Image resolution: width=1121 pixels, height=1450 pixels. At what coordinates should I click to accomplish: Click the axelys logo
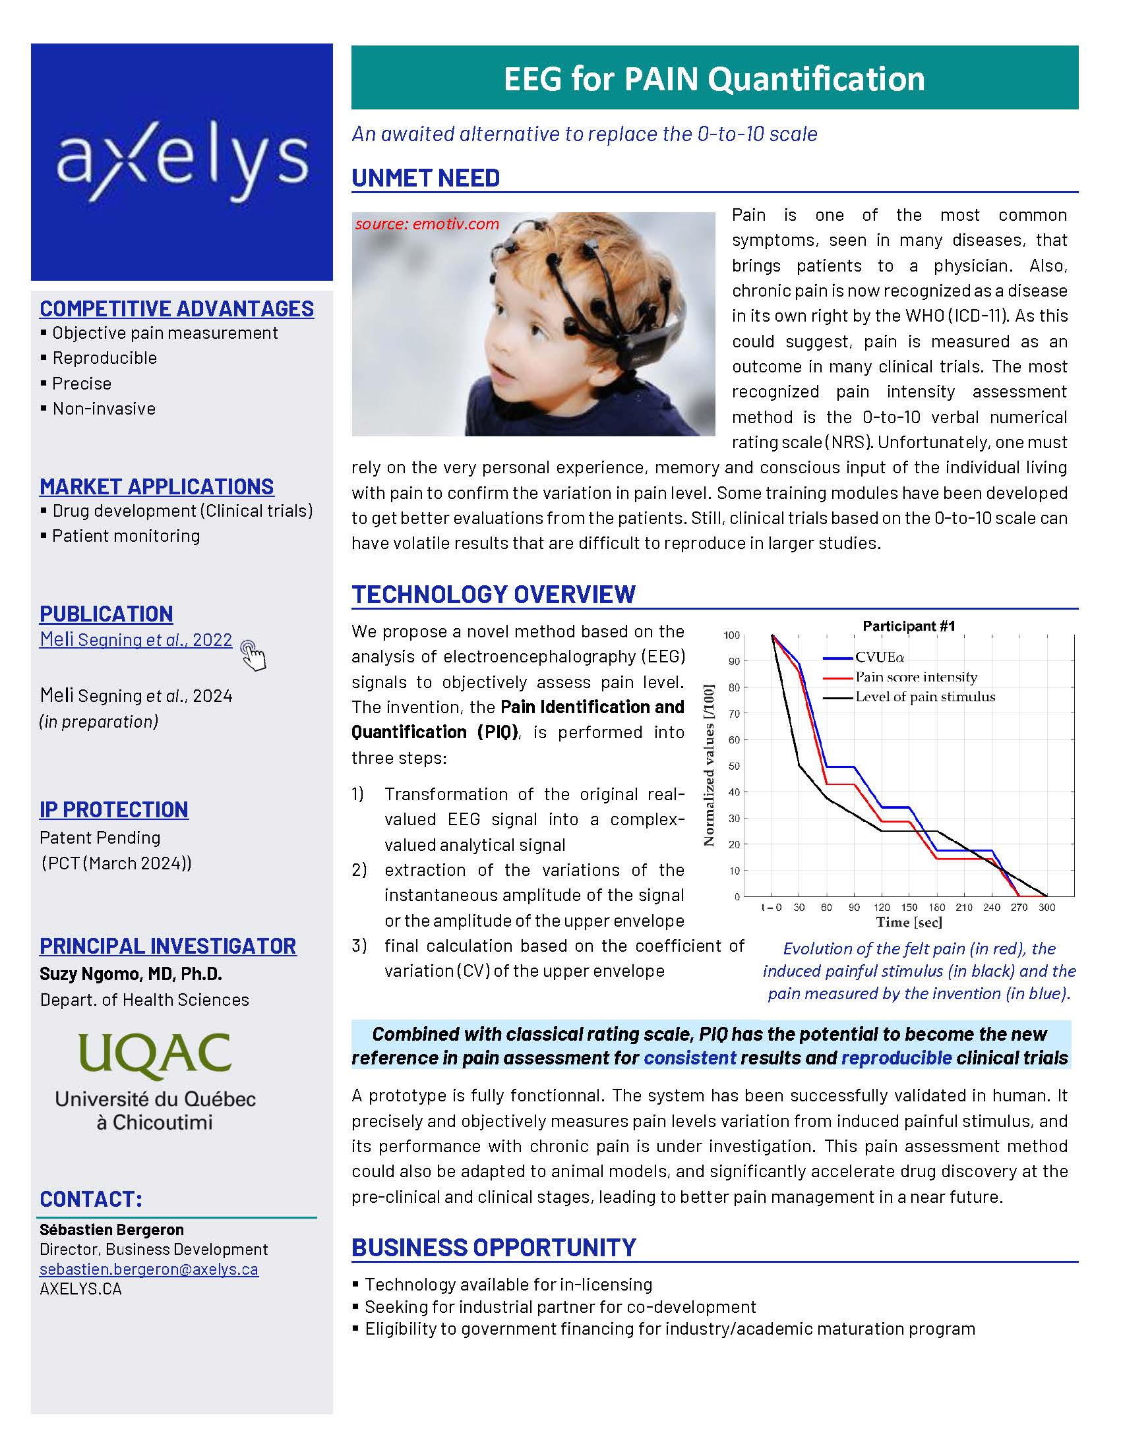182,161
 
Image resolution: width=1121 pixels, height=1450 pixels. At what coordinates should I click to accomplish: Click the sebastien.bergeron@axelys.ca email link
149,1269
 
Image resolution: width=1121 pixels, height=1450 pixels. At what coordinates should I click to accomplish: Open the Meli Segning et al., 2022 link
136,639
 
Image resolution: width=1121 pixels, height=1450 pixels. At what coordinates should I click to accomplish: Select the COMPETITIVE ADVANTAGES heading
177,308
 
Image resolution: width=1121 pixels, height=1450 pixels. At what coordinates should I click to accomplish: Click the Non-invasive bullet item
104,409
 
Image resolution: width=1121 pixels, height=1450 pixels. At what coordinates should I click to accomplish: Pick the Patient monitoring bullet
125,536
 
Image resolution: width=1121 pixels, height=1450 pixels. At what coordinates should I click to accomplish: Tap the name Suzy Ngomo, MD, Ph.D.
131,974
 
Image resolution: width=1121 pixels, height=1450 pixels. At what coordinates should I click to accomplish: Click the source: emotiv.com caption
427,223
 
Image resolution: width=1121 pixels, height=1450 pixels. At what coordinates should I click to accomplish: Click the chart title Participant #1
909,626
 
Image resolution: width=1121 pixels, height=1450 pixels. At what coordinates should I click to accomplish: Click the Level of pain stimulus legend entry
924,697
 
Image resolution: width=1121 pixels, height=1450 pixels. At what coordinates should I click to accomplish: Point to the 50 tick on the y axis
733,765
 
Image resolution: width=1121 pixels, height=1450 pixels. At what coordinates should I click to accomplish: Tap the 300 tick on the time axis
1046,907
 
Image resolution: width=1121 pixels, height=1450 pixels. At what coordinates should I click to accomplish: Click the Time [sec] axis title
909,921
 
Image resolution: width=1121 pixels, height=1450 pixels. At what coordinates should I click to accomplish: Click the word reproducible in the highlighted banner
897,1058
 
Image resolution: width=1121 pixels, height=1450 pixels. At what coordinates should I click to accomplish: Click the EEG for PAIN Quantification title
714,78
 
